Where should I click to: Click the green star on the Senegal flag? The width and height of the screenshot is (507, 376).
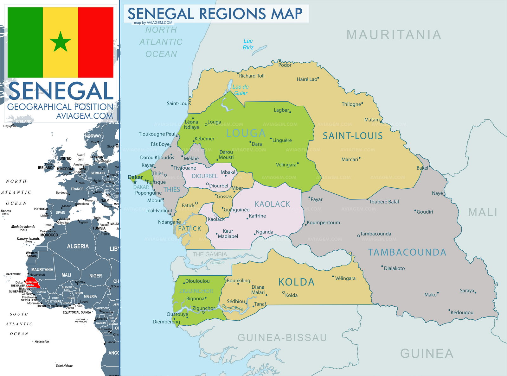[x=61, y=42]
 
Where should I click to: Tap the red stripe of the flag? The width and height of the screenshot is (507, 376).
[x=95, y=42]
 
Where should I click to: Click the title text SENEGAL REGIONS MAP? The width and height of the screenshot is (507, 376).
[x=215, y=14]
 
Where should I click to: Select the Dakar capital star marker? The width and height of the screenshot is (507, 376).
[x=135, y=182]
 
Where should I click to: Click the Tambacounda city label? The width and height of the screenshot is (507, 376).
[x=375, y=234]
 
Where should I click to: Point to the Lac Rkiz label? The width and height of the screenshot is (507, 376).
[x=248, y=44]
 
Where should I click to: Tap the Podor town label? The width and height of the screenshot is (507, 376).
[x=285, y=65]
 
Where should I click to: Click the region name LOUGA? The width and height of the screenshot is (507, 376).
[x=246, y=133]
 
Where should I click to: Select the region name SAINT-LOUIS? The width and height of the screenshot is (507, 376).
[x=353, y=136]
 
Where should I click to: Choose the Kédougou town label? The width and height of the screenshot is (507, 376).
[x=462, y=313]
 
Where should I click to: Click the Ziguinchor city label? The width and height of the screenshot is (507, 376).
[x=203, y=308]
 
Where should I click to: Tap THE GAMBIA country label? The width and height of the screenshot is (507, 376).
[x=209, y=254]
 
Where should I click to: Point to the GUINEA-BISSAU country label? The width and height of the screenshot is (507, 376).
[x=282, y=338]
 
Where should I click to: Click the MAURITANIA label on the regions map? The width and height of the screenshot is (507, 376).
[x=394, y=35]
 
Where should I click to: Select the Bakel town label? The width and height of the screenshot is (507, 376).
[x=422, y=168]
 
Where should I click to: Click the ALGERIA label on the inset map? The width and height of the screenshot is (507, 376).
[x=78, y=246]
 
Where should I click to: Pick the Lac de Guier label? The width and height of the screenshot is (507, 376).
[x=241, y=90]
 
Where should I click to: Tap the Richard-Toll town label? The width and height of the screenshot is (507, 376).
[x=252, y=76]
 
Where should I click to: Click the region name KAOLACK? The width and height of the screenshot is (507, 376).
[x=272, y=204]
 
